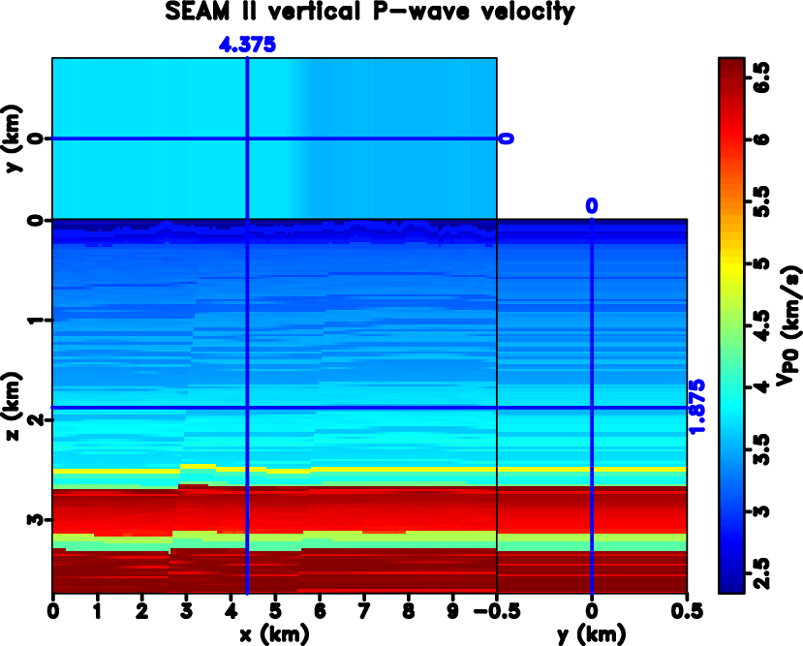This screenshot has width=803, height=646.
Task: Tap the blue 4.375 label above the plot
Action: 248,45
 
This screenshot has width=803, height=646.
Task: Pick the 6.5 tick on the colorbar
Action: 762,77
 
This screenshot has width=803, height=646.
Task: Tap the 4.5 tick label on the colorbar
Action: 762,324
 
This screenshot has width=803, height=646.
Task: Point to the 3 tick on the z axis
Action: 38,519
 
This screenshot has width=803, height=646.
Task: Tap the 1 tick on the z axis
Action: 38,321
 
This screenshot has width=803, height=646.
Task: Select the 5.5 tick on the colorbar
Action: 762,200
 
